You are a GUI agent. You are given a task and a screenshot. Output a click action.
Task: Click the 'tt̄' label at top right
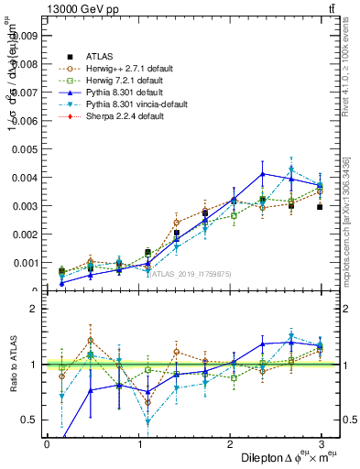pos(330,8)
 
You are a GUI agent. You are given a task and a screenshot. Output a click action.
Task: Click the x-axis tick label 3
pos(322,444)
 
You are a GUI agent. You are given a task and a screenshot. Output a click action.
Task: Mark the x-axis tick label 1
pos(139,444)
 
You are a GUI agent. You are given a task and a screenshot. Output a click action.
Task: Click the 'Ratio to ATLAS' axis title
pos(12,366)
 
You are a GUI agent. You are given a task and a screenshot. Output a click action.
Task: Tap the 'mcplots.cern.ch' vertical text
pos(350,224)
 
